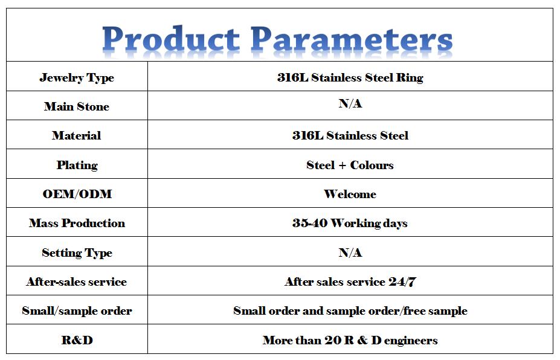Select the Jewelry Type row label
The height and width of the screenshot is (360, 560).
(77, 77)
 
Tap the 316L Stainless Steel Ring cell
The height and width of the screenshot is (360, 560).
(350, 77)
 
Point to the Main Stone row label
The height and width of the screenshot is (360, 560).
(77, 106)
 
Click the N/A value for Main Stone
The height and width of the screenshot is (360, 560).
(350, 103)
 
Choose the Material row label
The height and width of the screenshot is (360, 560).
(77, 135)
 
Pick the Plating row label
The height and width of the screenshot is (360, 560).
(77, 165)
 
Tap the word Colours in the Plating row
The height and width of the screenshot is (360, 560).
(372, 165)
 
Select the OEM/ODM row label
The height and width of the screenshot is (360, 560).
(77, 194)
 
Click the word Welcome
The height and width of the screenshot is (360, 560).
(350, 194)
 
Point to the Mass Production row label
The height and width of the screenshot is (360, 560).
(77, 223)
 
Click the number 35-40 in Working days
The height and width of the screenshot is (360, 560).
(310, 223)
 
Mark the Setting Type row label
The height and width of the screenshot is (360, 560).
(77, 253)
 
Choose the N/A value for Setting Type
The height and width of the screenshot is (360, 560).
(350, 253)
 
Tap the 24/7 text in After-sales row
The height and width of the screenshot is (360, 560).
(402, 282)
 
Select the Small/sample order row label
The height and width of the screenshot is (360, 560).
(77, 310)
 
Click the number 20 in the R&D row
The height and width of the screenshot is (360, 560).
(333, 340)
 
